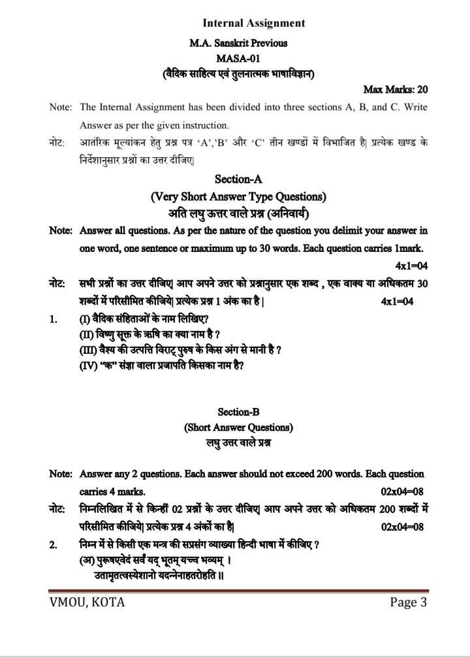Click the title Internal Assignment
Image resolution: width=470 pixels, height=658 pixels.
254,23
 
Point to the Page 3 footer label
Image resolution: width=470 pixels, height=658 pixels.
408,603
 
